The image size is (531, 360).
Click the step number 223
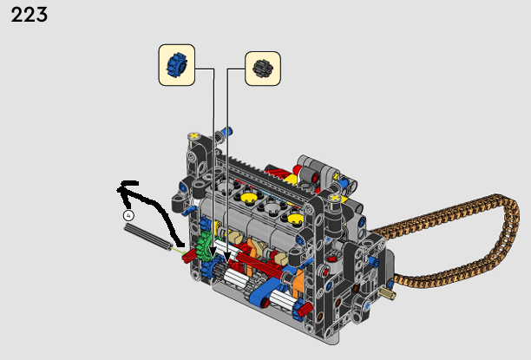pos(29,16)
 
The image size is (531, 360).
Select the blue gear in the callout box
pos(177,65)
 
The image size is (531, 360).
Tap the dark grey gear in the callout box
pos(263,69)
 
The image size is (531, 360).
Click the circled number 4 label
pos(128,215)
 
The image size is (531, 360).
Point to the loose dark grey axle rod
pos(148,238)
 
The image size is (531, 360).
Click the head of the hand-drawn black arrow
pos(126,189)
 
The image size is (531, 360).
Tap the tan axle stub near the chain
pos(388,293)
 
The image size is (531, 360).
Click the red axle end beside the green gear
pos(188,256)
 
